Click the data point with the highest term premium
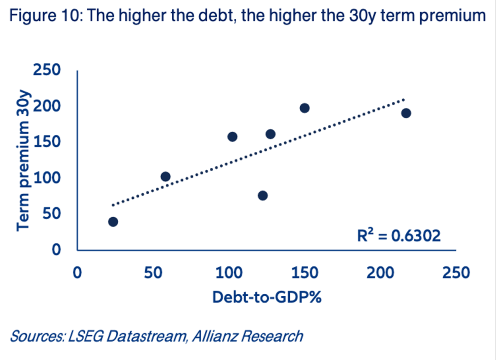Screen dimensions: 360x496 pos(304,108)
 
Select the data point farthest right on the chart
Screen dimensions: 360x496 pos(406,113)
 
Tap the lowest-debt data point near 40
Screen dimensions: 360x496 pos(113,222)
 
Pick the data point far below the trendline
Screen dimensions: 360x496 pos(263,196)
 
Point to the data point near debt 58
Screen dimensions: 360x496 pos(165,177)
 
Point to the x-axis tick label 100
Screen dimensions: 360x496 pos(229,273)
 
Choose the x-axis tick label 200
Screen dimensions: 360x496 pos(381,273)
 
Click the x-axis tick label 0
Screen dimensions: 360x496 pos(78,273)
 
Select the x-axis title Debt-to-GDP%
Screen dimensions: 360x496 pos(266,297)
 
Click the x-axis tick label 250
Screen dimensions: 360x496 pos(457,273)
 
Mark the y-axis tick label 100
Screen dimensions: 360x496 pos(47,178)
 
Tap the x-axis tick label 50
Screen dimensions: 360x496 pos(153,273)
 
